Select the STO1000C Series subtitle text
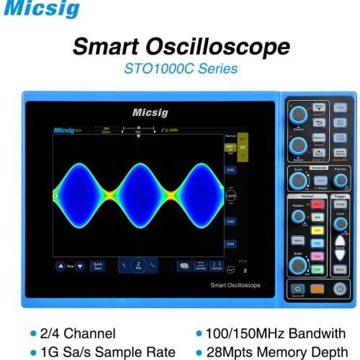click(180, 71)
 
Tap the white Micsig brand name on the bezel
click(150, 112)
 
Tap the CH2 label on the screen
click(230, 170)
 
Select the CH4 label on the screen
click(230, 244)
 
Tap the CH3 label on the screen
click(230, 222)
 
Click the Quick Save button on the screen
click(98, 266)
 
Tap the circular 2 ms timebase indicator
click(138, 266)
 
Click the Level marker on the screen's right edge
click(230, 195)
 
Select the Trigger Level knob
click(341, 223)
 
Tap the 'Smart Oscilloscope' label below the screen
click(235, 286)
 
